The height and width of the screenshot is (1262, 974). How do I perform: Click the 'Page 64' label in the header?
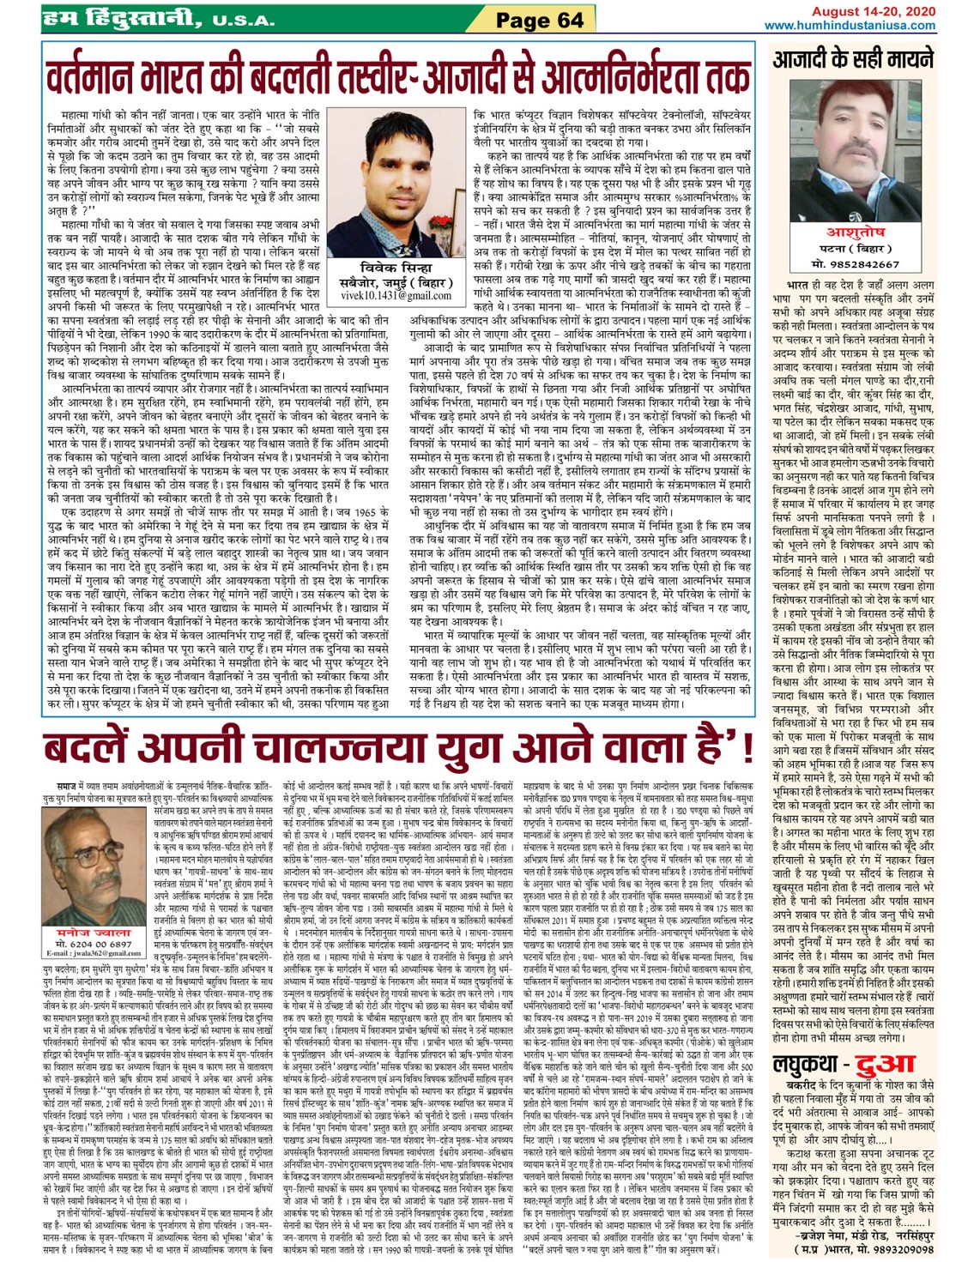pos(540,20)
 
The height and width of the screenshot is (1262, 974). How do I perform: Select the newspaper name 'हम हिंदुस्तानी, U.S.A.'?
pos(160,18)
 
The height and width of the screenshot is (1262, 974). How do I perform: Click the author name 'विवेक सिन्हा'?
pos(396,267)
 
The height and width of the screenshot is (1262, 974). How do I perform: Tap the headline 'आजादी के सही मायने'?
pos(853,60)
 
